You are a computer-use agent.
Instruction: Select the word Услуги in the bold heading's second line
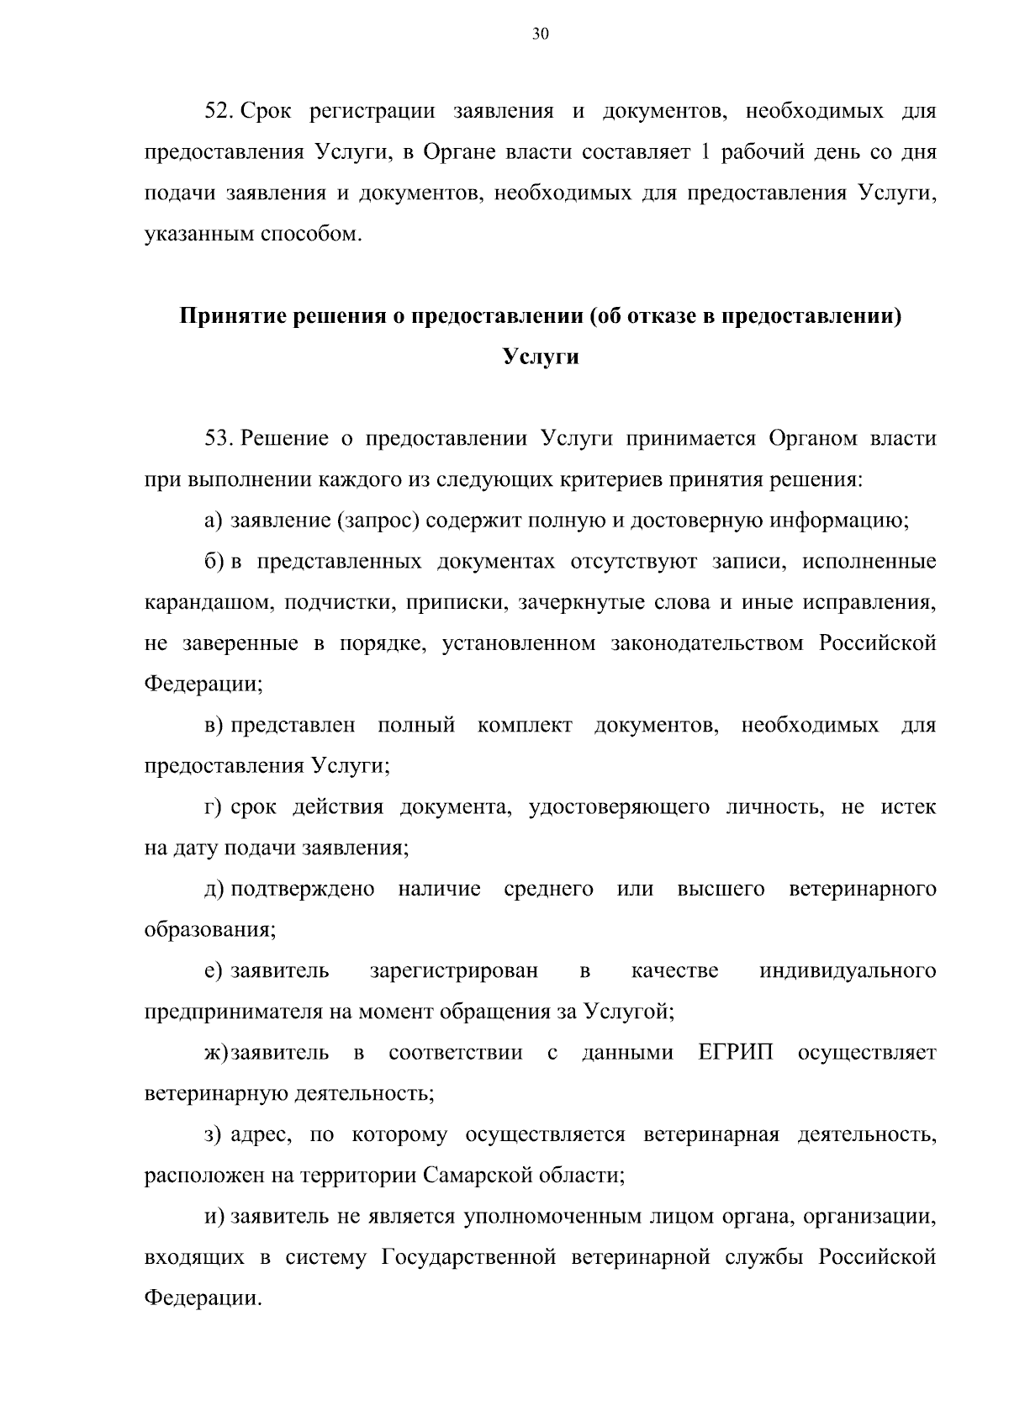541,357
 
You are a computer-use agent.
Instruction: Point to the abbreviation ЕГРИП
736,1053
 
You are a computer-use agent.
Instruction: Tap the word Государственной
469,1257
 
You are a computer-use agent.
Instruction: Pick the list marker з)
214,1135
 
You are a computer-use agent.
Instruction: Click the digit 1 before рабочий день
705,153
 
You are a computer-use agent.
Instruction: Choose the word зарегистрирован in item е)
453,971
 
